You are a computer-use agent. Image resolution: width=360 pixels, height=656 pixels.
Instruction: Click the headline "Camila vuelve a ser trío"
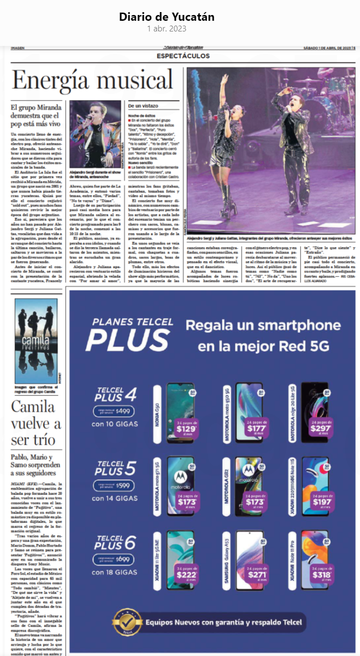click(x=36, y=423)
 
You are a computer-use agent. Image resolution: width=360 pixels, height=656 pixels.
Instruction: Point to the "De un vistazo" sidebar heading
click(x=143, y=105)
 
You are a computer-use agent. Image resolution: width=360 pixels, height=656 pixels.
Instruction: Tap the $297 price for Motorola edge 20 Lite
click(x=321, y=427)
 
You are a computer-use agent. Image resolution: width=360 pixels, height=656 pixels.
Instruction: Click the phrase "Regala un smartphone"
click(x=264, y=325)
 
